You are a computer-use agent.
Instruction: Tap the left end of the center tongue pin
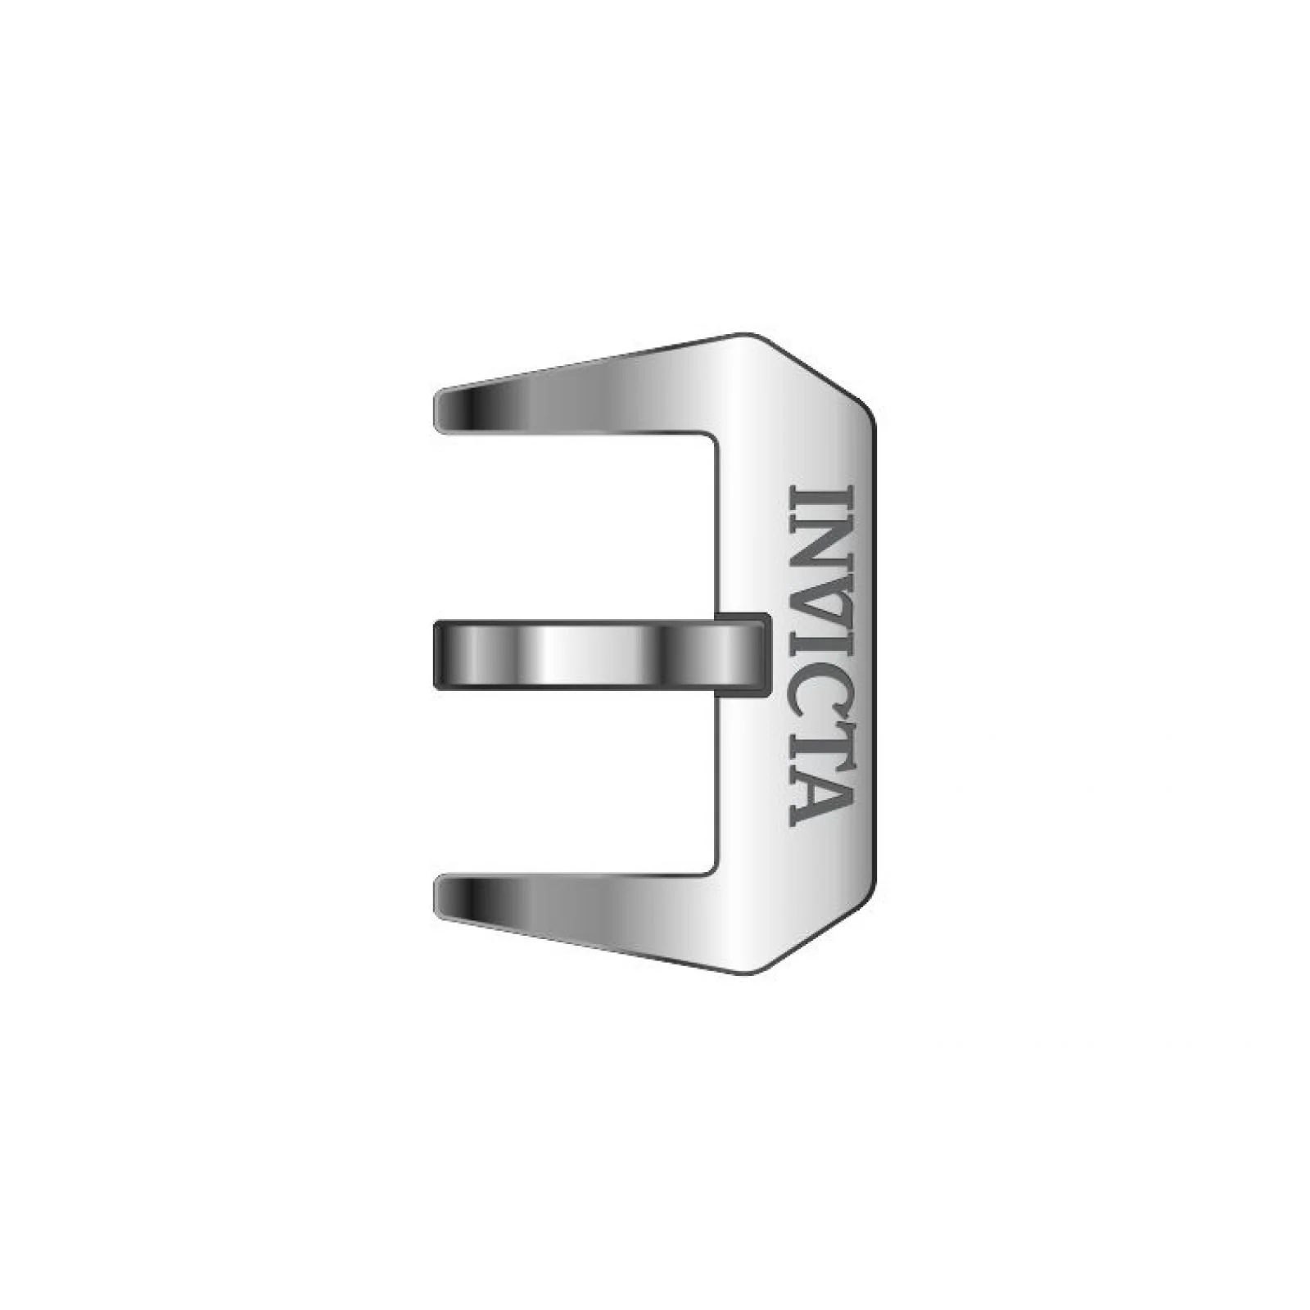[x=436, y=655]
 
